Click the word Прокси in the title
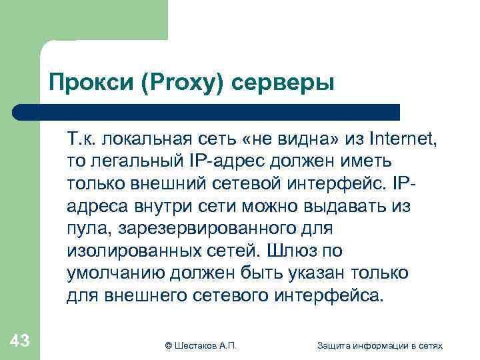83,84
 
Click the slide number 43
19,341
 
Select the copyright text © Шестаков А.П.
201,345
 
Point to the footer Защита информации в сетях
380,345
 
